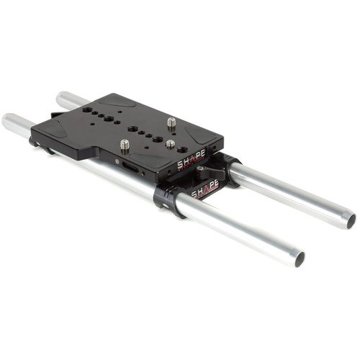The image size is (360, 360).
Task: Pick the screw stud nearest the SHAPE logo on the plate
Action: (171, 143)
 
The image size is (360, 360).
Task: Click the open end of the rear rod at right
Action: (351, 219)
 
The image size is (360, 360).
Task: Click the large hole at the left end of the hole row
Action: (86, 111)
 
